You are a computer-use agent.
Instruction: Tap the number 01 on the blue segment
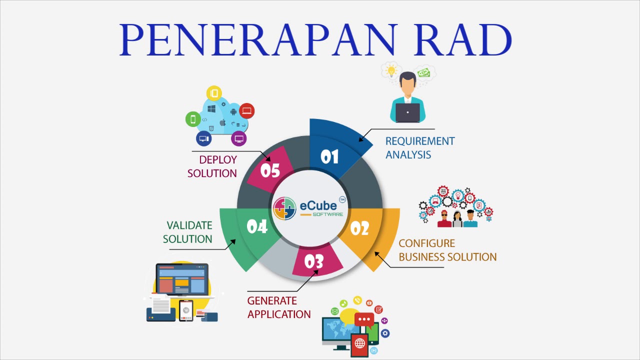point(329,157)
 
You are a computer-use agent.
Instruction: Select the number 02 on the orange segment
point(359,228)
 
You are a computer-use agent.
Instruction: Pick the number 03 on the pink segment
point(314,261)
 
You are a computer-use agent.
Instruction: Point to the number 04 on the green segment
point(257,227)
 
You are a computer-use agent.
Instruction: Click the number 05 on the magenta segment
point(270,171)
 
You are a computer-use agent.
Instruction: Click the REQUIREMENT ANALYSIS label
point(419,148)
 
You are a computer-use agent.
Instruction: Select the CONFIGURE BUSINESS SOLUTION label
point(447,250)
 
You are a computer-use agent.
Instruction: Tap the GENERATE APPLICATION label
point(278,307)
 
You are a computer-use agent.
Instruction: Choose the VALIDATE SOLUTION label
point(188,232)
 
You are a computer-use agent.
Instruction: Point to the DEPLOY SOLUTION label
point(212,166)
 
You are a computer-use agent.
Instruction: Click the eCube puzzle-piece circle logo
point(284,208)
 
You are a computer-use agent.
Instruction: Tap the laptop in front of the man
point(407,112)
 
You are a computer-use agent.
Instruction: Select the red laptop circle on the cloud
point(246,110)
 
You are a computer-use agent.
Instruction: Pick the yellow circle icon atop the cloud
point(214,93)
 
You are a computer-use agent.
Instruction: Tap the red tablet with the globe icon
point(359,343)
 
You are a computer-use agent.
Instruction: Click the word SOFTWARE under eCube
point(327,214)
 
